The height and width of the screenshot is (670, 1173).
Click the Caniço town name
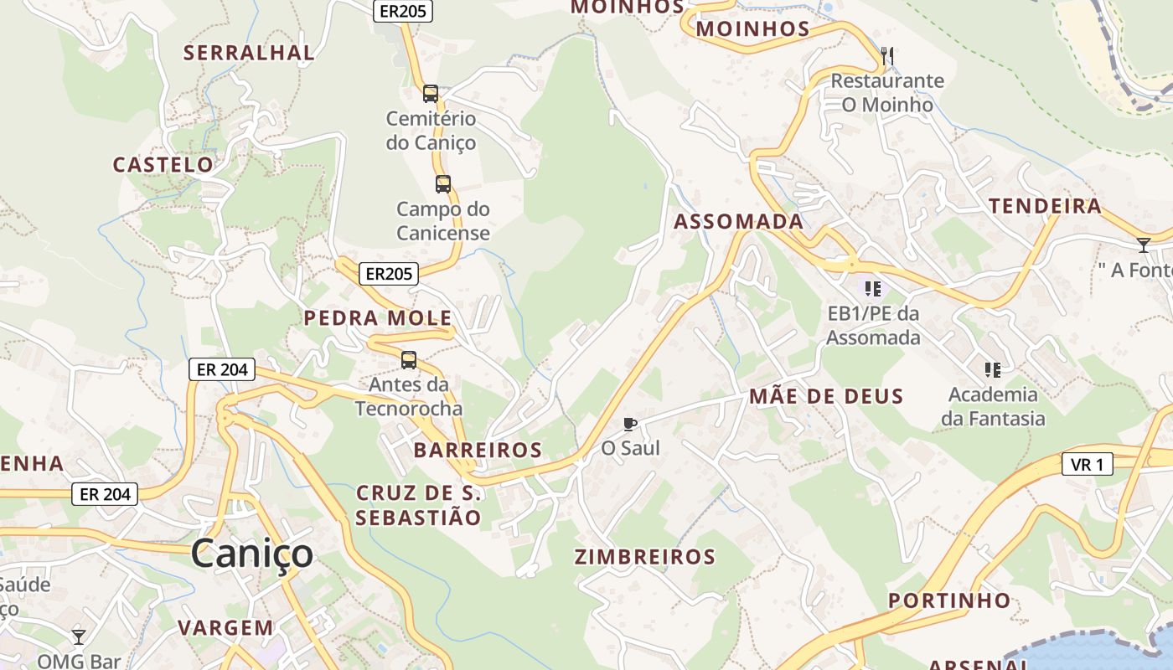(x=251, y=554)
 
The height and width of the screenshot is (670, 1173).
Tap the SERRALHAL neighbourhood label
(x=249, y=53)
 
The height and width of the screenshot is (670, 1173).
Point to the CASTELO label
(x=163, y=165)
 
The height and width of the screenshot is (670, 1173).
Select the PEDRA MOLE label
(x=378, y=318)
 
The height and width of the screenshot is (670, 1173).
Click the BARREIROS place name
(x=478, y=451)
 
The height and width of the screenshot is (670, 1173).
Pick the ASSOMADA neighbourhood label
(x=739, y=222)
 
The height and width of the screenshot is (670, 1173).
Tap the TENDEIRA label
(x=1045, y=207)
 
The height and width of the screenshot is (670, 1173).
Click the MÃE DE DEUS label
(x=826, y=397)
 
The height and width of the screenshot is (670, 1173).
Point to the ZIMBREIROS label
(x=645, y=557)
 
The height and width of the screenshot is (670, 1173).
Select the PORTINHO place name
(x=949, y=600)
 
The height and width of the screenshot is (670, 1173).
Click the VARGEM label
(x=225, y=627)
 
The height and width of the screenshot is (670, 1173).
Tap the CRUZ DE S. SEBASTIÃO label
(x=418, y=505)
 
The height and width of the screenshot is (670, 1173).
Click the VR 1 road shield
(x=1088, y=464)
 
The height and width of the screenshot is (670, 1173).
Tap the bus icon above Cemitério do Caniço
(x=431, y=94)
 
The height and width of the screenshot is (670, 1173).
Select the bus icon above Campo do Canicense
(x=443, y=184)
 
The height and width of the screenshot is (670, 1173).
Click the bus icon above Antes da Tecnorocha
(x=409, y=360)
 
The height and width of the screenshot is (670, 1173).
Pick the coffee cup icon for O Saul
(x=630, y=424)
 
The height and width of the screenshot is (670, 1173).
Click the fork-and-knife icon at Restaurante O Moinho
(x=887, y=57)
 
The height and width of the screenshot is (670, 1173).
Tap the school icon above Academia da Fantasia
(x=993, y=369)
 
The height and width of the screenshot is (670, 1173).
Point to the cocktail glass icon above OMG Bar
(x=79, y=637)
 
